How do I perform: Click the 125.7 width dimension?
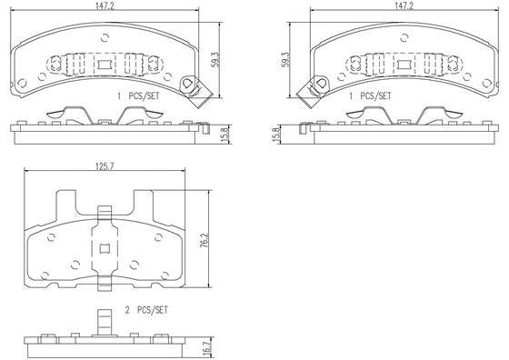coord(105,165)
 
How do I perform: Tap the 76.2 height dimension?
coord(204,240)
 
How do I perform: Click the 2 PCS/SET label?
coord(146,310)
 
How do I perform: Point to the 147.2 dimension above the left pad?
coord(105,5)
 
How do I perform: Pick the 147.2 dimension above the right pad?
coord(404,5)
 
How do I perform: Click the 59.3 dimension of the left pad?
coord(215,60)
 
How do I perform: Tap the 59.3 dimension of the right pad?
coord(284,60)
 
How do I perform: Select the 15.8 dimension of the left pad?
coord(227,134)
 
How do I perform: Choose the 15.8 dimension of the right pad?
coord(276,134)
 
